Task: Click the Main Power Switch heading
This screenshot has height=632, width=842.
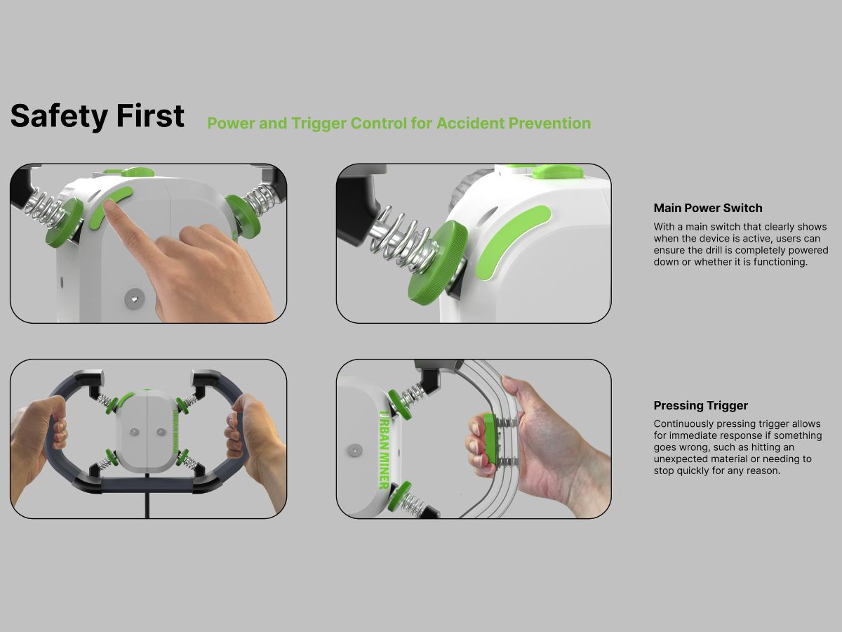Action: click(x=707, y=208)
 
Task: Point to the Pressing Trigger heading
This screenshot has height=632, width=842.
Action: click(x=700, y=405)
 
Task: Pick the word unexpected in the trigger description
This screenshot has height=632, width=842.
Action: click(x=679, y=459)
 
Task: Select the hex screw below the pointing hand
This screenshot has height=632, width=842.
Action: click(x=131, y=300)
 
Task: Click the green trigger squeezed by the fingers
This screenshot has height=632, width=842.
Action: click(x=489, y=439)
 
